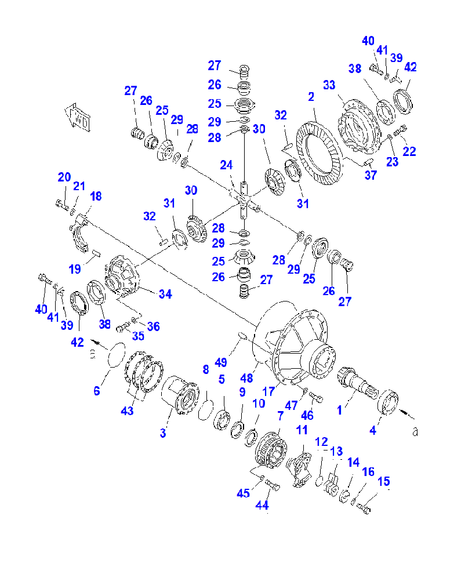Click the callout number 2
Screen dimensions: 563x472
point(311,97)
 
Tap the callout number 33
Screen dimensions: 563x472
point(329,85)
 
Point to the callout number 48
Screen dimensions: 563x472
point(248,378)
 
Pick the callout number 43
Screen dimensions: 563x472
point(127,411)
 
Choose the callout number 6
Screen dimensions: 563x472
point(97,391)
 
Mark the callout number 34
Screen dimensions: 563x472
point(165,294)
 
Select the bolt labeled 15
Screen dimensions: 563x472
point(364,510)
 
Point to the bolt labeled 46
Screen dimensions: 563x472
point(315,398)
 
